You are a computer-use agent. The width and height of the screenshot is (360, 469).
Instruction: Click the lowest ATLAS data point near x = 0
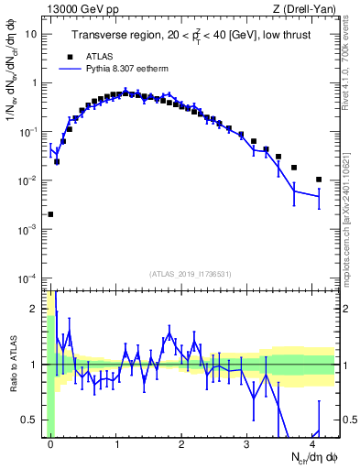pos(50,214)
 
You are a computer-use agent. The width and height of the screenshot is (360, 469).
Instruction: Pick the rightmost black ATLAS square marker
pos(319,180)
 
